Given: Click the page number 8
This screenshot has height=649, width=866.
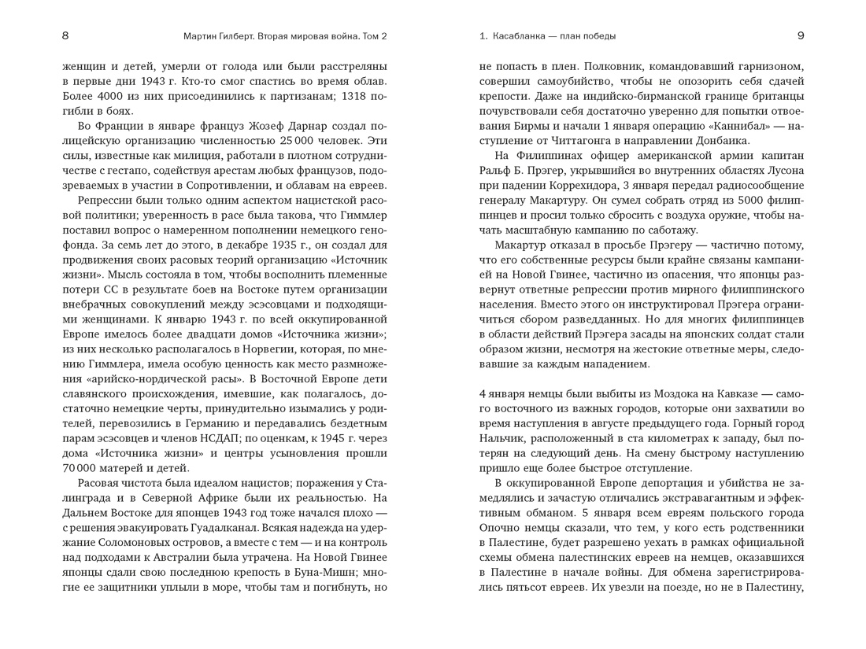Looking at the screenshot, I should click(65, 35).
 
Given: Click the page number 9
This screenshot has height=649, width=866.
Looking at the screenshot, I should click(801, 35).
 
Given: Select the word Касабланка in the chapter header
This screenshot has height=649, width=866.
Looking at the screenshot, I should click(525, 35).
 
